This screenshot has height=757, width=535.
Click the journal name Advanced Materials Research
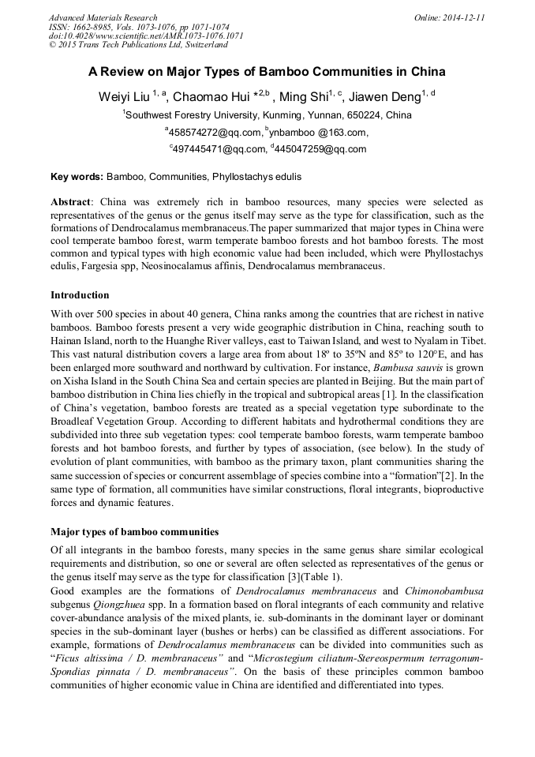(103, 17)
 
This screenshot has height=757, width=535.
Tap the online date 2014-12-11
(463, 17)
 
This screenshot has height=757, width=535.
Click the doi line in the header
(146, 36)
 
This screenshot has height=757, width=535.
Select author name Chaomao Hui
(208, 96)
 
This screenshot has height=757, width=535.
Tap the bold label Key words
(77, 177)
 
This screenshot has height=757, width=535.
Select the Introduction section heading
(80, 295)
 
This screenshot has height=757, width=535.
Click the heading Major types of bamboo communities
(134, 532)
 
